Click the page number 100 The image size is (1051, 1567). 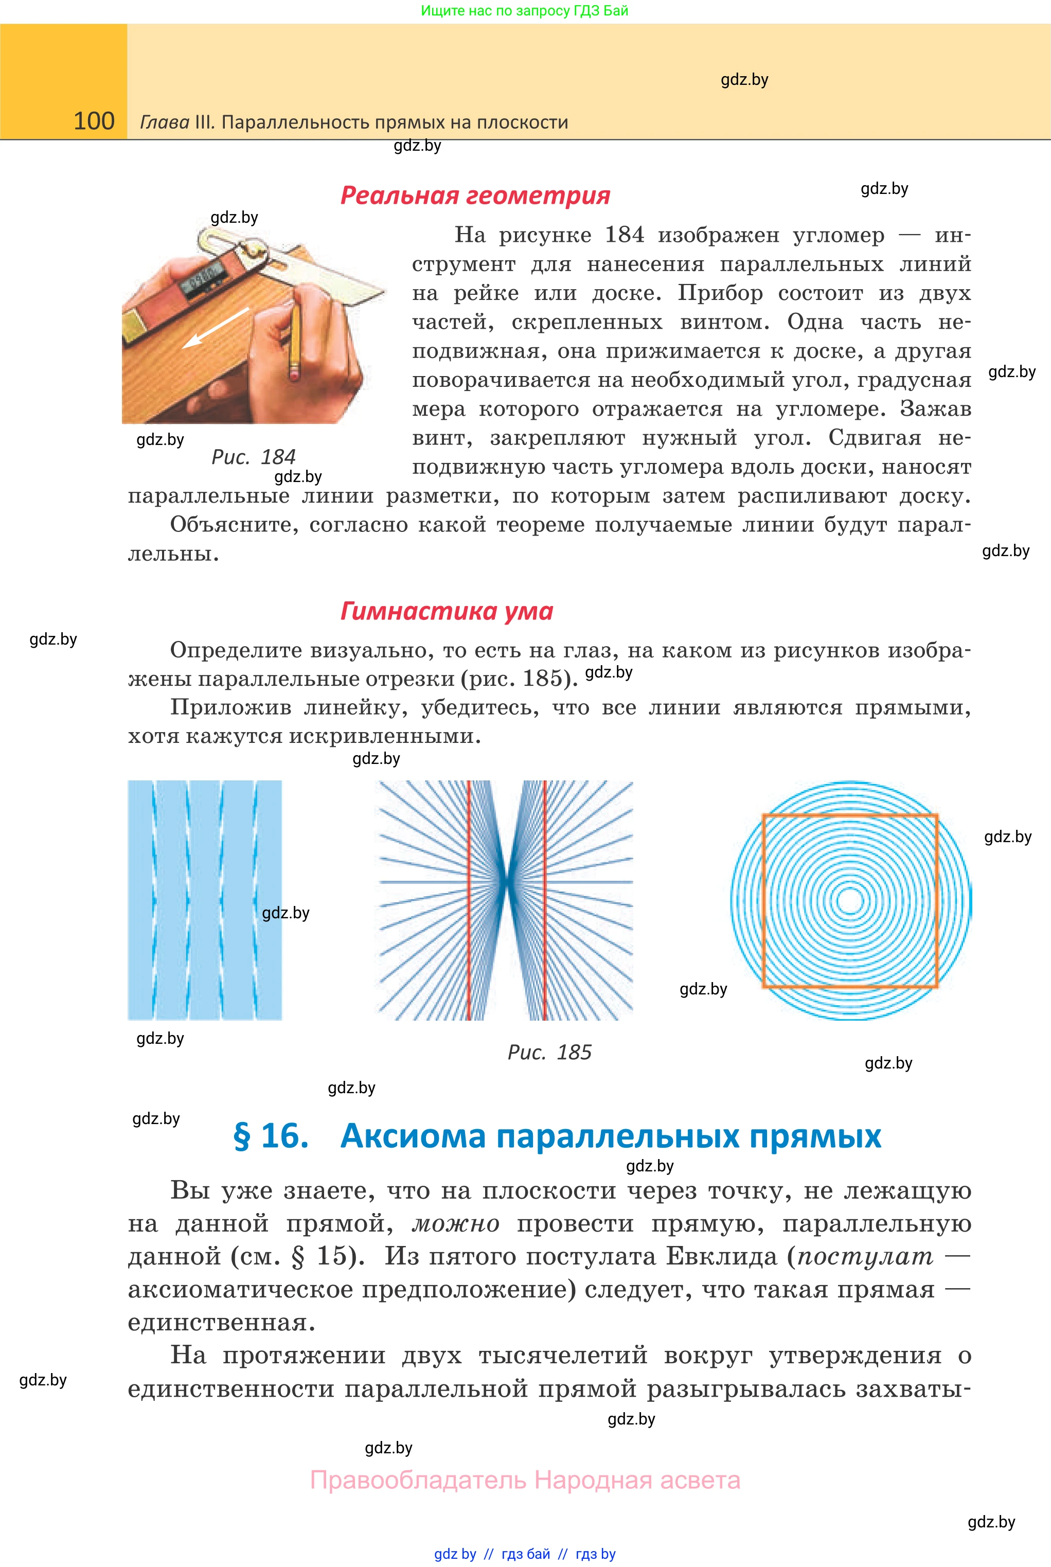[x=94, y=121]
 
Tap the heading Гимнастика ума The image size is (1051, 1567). [x=447, y=611]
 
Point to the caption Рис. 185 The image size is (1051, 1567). [x=549, y=1052]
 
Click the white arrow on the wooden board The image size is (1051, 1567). [x=216, y=328]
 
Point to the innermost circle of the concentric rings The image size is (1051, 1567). [x=850, y=901]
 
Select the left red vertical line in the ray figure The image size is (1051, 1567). [x=469, y=900]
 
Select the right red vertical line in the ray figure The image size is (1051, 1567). [x=544, y=900]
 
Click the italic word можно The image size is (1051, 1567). [x=455, y=1224]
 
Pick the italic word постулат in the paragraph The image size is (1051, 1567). [x=865, y=1257]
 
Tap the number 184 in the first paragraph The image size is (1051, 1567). [x=624, y=235]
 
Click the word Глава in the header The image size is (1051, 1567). [x=164, y=122]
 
